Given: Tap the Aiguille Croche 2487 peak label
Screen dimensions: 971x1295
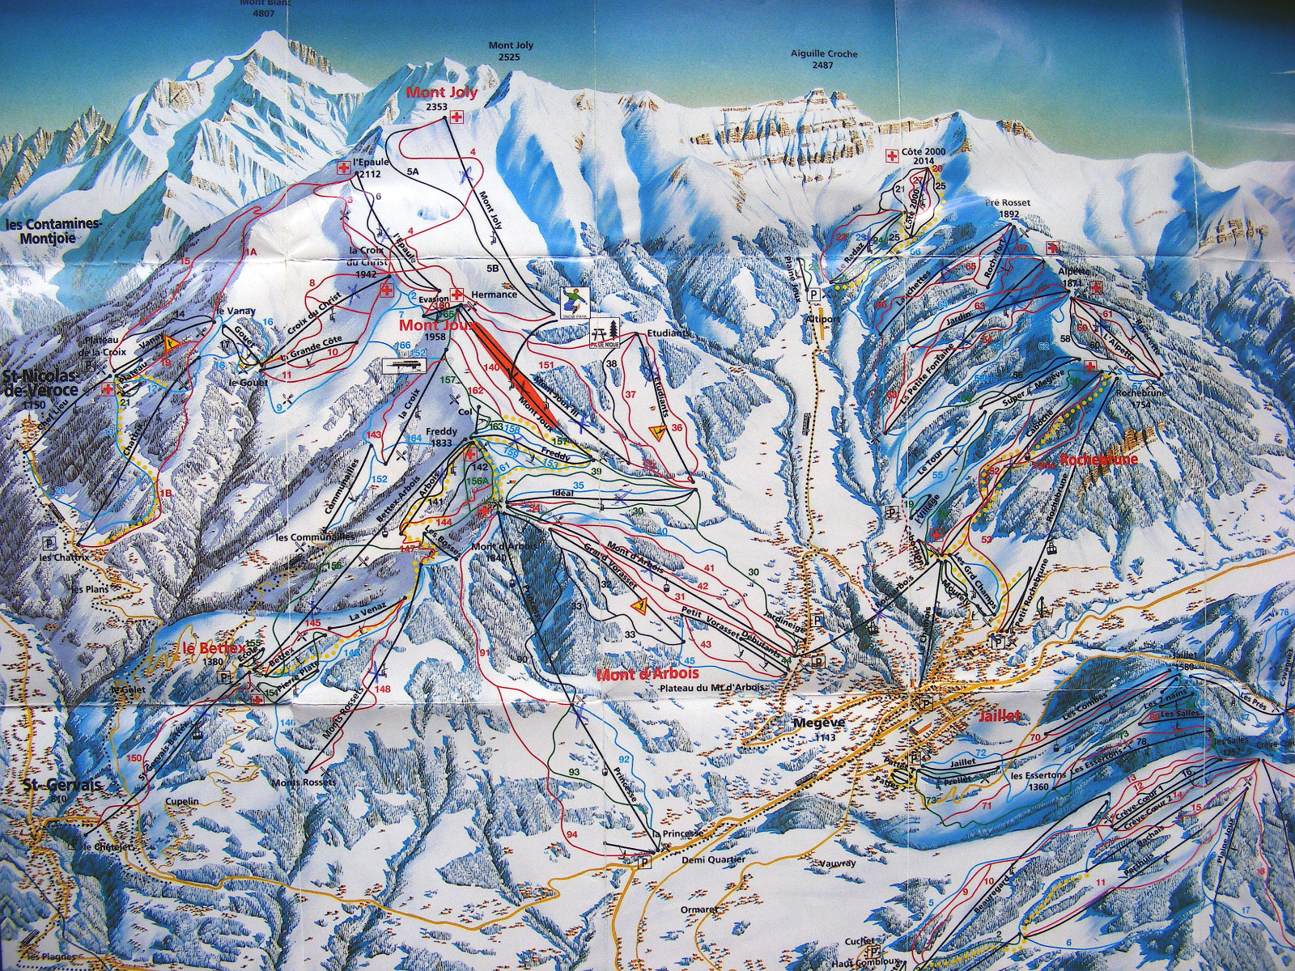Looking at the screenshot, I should point(823,59).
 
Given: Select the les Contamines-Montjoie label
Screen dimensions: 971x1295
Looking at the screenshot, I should point(53,230).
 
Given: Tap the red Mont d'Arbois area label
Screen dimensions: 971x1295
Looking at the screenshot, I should point(647,673).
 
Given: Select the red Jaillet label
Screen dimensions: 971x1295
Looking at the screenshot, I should point(999,716).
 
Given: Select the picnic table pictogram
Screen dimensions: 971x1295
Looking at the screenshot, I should point(605,332).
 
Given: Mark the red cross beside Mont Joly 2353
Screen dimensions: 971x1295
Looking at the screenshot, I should point(458,119).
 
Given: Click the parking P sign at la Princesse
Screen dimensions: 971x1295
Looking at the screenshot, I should point(644,863).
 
